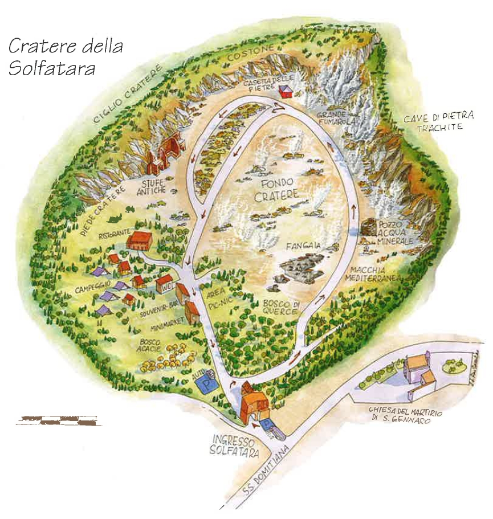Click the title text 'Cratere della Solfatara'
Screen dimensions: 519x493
[x=65, y=56]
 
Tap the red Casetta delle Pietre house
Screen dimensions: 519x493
[x=285, y=91]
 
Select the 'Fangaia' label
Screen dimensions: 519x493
[x=303, y=247]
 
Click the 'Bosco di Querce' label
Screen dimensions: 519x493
[x=280, y=307]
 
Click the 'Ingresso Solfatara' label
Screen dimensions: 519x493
[x=234, y=445]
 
